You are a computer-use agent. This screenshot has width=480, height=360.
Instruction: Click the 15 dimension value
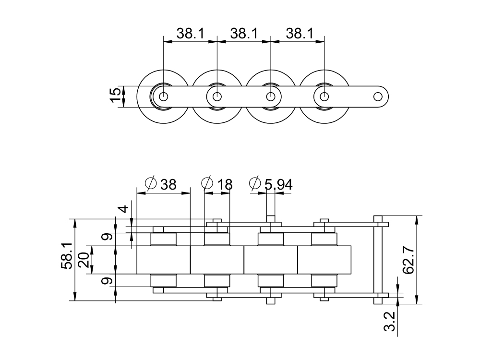115,96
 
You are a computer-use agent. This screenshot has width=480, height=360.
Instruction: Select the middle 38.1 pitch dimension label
244,33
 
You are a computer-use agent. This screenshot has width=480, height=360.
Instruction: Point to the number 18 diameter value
224,184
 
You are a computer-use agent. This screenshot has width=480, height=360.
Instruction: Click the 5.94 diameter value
277,184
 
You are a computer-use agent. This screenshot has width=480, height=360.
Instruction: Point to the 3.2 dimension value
390,321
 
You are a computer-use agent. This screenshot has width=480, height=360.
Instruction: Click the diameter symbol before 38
150,184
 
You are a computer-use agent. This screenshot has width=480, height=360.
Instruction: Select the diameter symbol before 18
207,184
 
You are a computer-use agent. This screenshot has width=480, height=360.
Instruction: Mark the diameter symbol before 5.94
255,184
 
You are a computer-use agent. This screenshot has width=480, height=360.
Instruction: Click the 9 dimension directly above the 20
108,236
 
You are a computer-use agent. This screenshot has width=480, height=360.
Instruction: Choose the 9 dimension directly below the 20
108,280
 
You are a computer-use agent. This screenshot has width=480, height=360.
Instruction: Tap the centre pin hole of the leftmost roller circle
164,96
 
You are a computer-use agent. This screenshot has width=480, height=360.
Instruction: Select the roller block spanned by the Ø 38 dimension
164,260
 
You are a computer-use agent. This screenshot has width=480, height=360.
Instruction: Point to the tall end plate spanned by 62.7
378,259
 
